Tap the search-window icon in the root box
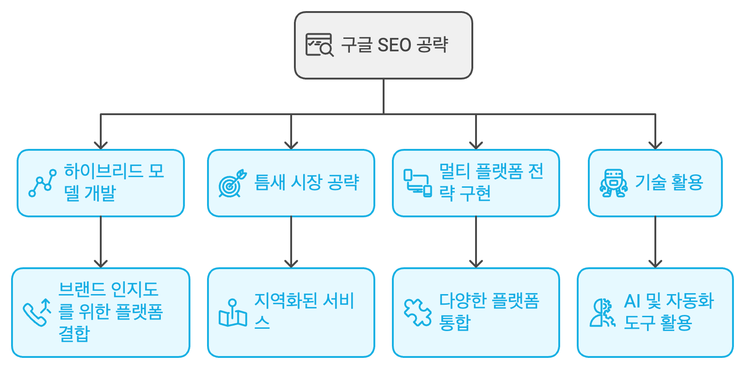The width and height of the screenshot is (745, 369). (319, 45)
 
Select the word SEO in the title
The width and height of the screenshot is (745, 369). (394, 45)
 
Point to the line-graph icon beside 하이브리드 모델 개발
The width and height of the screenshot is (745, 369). (42, 183)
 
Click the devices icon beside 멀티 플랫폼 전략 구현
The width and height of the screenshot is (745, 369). (418, 183)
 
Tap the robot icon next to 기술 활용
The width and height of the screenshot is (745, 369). (614, 183)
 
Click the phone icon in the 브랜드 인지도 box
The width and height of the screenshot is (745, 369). (37, 313)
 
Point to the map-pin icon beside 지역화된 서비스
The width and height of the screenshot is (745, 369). (232, 313)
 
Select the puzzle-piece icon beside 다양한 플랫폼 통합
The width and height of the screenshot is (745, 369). (418, 313)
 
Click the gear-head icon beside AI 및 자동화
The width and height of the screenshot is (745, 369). (603, 313)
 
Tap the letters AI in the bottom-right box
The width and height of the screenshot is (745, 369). (632, 301)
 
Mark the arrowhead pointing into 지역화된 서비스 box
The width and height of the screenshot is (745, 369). (291, 264)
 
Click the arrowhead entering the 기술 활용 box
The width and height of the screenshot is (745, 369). (655, 145)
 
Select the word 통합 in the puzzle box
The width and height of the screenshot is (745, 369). (455, 323)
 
